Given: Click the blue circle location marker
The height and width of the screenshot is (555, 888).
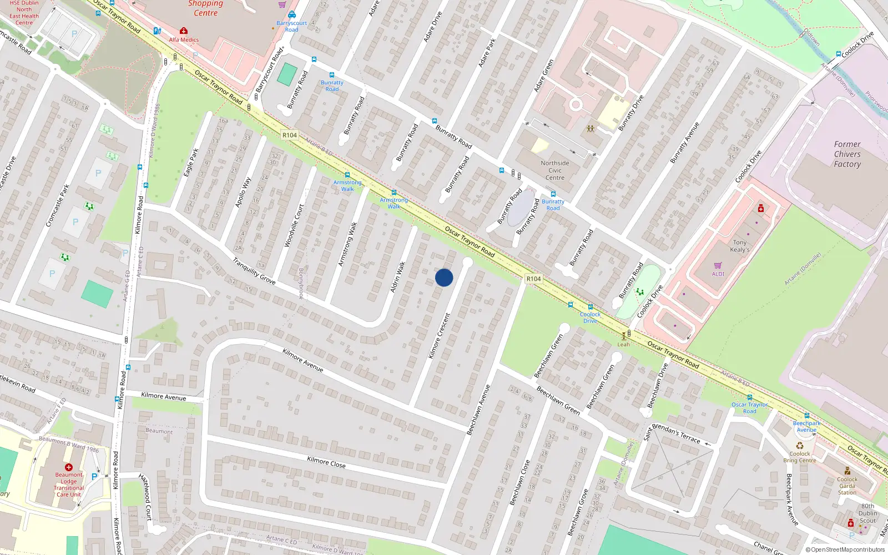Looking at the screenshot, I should [444, 277].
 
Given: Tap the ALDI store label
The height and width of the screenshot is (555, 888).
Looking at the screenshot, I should [718, 274].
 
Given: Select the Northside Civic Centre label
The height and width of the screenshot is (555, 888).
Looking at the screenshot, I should [555, 170].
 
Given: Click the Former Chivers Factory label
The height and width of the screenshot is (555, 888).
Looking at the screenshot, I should [847, 154].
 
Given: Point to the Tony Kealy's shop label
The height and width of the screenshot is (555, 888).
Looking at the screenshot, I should [739, 246].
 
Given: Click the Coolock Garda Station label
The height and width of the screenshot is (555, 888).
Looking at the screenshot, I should [847, 486].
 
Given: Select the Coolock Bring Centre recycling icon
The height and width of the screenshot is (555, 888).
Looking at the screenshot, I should [800, 445].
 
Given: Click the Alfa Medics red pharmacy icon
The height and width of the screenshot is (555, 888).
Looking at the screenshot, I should [184, 31].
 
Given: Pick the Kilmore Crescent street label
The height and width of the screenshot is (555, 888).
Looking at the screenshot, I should [439, 335].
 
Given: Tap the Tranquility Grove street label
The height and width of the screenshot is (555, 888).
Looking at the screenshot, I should [254, 271].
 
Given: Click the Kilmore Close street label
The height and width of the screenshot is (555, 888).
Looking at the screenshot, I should [326, 462].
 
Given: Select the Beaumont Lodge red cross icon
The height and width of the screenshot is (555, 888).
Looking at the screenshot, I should [68, 467].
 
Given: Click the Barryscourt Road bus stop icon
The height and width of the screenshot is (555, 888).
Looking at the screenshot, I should [292, 15].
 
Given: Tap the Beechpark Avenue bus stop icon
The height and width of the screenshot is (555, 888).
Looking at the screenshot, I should [807, 416].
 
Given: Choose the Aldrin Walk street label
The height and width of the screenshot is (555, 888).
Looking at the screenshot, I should [397, 277].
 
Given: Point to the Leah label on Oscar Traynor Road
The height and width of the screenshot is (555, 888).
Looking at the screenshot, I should [624, 344].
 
